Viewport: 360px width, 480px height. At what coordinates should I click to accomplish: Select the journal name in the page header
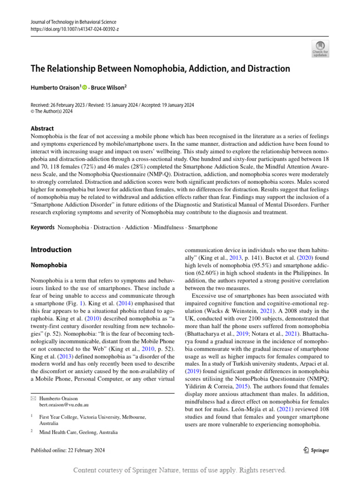[73, 22]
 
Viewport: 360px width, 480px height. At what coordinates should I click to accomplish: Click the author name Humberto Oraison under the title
[55, 87]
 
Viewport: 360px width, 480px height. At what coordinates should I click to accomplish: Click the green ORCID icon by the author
[85, 87]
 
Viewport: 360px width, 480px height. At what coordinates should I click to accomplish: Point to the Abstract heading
[42, 128]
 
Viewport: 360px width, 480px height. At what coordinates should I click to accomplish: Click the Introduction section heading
[51, 250]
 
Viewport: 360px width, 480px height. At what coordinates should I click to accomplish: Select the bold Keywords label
[42, 227]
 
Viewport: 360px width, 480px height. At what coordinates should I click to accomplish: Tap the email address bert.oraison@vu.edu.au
[64, 404]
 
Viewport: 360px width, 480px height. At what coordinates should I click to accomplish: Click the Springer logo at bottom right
[316, 450]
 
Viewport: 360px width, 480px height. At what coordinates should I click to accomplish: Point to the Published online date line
[67, 450]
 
